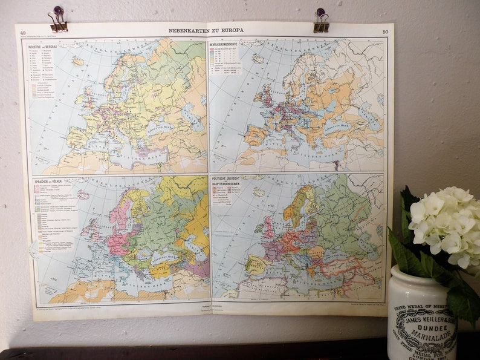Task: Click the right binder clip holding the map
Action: pos(320,22)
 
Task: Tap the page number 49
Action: pos(24,33)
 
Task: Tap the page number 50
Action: pos(385,31)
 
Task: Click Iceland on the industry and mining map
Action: pos(77,61)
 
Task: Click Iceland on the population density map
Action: pos(258,59)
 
